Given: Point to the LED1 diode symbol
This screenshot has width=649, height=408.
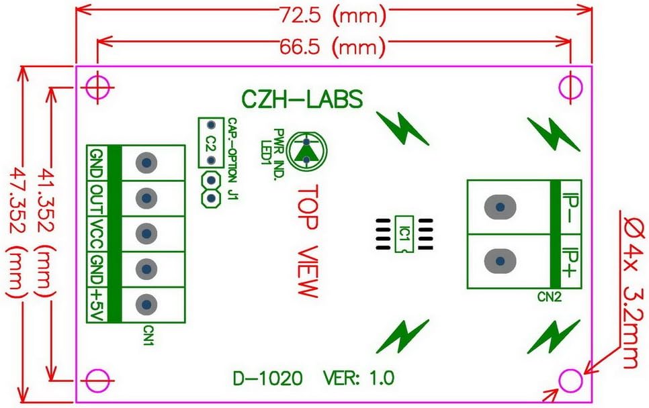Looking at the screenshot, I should pos(306,150).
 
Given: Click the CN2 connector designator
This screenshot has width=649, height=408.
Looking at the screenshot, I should pos(550,296).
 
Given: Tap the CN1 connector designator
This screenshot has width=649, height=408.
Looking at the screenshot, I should pos(148,336).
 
